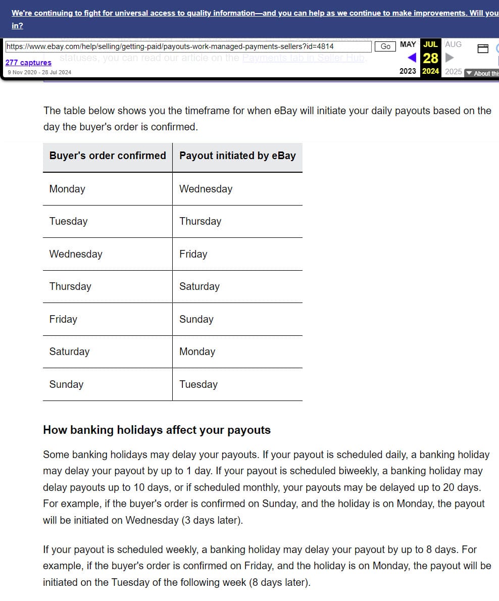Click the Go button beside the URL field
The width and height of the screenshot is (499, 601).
tap(385, 46)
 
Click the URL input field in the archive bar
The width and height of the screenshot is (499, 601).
tap(188, 46)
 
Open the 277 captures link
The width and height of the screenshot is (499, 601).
tap(28, 63)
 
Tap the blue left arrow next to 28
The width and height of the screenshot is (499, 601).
tap(412, 58)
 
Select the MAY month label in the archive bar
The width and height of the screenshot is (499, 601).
tap(408, 44)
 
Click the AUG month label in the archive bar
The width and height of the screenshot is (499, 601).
tap(453, 44)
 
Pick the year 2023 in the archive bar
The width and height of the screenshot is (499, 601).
tap(408, 71)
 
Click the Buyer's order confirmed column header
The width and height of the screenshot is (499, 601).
tap(108, 156)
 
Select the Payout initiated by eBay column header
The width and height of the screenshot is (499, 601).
tap(237, 156)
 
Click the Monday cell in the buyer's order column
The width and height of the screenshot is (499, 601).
tap(67, 189)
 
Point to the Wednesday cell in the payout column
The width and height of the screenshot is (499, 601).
tap(206, 189)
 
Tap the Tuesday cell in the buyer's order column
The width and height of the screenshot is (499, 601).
tap(68, 221)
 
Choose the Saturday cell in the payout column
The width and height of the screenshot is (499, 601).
tap(199, 286)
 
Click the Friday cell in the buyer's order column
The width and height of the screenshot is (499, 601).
tap(63, 319)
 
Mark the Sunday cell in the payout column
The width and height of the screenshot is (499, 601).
tap(196, 319)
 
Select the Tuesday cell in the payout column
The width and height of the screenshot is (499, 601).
tap(198, 384)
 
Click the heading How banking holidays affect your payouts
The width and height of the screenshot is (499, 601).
tap(157, 430)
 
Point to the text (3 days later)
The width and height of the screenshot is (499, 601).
tap(212, 520)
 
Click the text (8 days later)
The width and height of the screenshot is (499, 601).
tap(280, 582)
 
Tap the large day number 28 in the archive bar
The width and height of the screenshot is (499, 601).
tap(430, 58)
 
